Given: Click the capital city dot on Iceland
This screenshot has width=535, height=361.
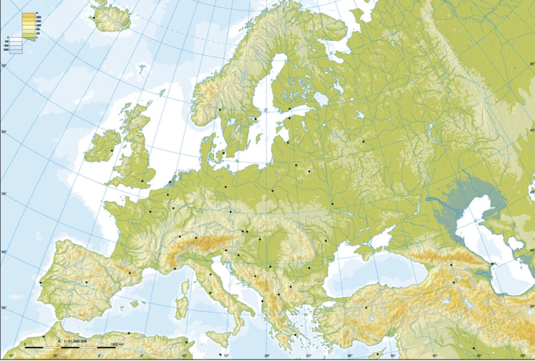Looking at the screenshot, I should coord(94,17).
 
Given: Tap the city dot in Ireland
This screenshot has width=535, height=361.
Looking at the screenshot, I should coord(112,150).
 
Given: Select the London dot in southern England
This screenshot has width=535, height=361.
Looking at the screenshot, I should coord(142,181).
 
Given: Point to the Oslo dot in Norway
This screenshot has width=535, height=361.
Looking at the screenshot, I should coord(219,109).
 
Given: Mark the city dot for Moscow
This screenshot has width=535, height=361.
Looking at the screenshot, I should coord(363,142).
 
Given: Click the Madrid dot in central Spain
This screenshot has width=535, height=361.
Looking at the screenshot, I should coord(86,282).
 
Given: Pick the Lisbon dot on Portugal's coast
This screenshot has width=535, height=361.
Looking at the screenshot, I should coord(40,283).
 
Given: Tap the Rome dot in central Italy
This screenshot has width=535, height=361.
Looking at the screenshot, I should coord(210,291).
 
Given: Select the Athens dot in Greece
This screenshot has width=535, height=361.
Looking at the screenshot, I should coord(295,334).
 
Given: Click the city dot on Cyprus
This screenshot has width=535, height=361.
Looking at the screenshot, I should coord(378,353).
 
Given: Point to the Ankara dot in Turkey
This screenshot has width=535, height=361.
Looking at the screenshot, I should coord(366,307).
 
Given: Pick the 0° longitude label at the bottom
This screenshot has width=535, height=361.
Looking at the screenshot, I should coord(99,355).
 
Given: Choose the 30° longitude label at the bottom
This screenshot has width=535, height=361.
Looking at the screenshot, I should coord(349,355).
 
